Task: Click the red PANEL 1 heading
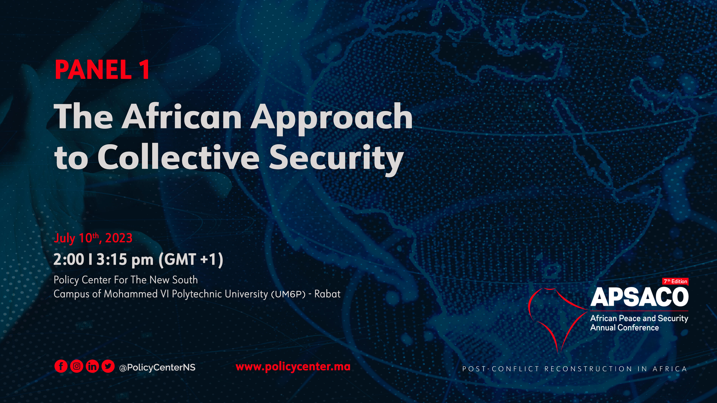102,70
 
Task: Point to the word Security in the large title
336,159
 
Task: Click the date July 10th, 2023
93,238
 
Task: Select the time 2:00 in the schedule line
69,260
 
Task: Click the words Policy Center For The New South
125,280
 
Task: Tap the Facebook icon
61,366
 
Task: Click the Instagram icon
77,366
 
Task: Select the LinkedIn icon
92,366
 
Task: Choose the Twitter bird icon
108,366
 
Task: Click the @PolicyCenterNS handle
157,367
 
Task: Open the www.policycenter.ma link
293,367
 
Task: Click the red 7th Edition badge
676,282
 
